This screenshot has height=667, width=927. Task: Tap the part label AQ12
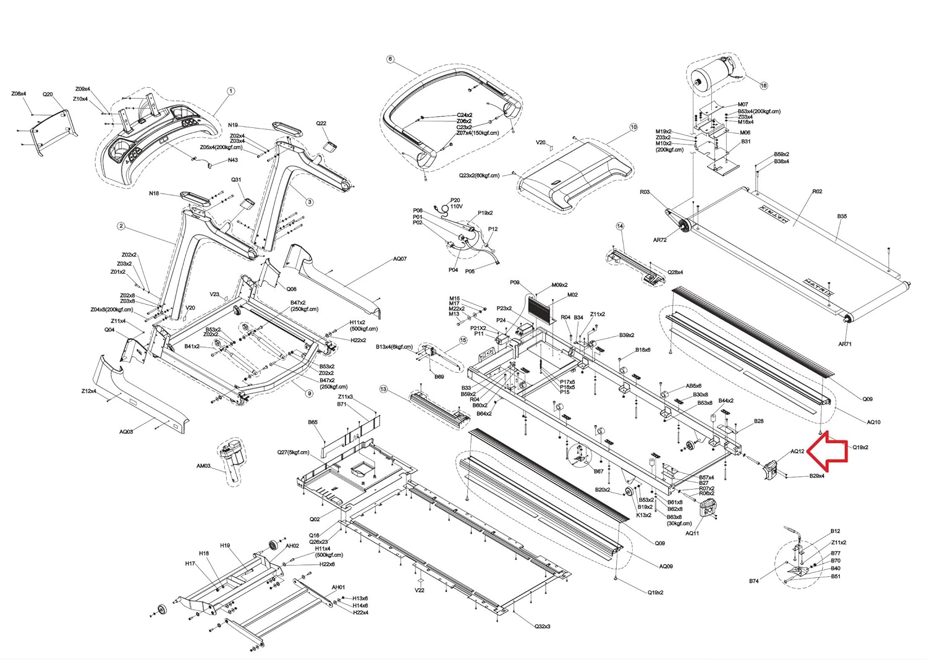click(798, 452)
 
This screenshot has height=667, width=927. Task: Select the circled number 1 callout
click(231, 91)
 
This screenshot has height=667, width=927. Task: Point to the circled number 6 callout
click(390, 59)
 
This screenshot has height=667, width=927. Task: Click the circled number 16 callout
click(763, 86)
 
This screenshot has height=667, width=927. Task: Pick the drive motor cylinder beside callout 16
click(714, 75)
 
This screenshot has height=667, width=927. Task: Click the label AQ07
click(400, 258)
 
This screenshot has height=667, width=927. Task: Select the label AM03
click(203, 466)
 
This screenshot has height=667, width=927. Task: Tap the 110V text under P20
click(456, 206)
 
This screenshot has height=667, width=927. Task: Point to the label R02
click(817, 192)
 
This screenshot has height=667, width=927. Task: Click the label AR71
click(845, 344)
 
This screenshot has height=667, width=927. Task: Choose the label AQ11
click(692, 533)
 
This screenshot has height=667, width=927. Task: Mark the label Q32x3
click(543, 626)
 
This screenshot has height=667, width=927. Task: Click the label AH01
click(338, 587)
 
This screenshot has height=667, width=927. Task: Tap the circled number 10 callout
click(633, 127)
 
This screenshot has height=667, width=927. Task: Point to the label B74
click(754, 581)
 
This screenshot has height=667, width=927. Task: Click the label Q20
click(48, 95)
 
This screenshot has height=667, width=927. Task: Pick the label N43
click(233, 160)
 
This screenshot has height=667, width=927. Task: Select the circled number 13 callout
click(383, 389)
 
